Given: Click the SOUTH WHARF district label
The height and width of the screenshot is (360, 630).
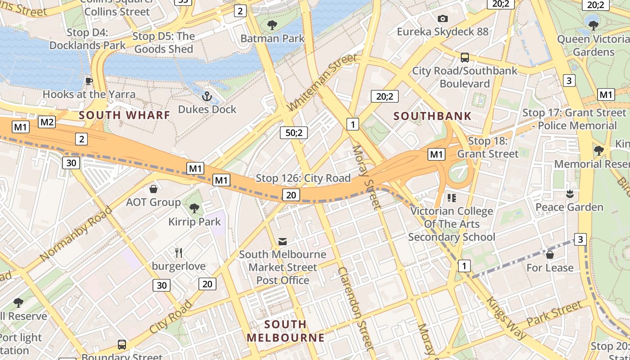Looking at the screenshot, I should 125,115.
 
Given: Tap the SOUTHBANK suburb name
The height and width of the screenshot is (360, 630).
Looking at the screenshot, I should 432,116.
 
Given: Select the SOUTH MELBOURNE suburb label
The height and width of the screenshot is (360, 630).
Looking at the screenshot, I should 285,331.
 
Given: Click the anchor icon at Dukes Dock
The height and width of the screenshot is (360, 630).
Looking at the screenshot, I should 207,96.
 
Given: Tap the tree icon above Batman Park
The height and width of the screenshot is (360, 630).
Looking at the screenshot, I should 272,25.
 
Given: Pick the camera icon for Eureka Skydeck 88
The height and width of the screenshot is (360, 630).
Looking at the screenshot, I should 443,18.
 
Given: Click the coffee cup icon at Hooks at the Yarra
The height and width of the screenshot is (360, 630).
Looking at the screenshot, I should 89,81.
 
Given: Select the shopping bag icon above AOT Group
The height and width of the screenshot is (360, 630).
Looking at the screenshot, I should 153,189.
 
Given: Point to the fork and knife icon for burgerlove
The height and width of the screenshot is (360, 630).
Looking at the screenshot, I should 179,252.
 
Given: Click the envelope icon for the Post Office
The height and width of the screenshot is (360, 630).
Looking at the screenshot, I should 283,242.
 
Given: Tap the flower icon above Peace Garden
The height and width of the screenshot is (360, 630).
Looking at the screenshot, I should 570,194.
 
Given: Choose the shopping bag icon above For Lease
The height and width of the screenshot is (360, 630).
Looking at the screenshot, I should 549,255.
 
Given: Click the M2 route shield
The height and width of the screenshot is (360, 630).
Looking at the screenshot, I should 47,122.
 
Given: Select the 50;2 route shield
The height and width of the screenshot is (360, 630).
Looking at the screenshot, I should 293,133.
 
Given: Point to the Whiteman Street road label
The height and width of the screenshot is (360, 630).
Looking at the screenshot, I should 322,82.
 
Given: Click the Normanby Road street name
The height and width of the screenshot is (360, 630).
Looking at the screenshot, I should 76,234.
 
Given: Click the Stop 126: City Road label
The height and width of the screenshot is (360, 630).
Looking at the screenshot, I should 303,178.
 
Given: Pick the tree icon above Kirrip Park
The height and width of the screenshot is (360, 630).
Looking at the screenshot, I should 194,208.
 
